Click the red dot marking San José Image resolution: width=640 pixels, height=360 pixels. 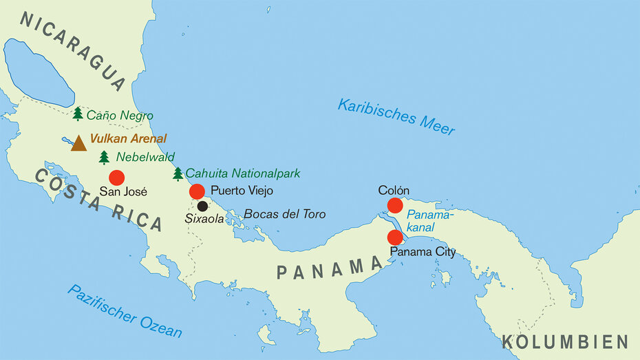116,178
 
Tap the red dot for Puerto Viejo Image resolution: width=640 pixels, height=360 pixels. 197,191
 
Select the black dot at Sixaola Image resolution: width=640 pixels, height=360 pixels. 202,206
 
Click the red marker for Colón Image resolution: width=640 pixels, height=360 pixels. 395,205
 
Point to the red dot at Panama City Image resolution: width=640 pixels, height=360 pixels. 395,237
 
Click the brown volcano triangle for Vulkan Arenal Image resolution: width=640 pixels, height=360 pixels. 78,142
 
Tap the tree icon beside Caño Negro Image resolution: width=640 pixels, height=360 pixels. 78,114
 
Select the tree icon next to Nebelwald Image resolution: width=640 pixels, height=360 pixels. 104,158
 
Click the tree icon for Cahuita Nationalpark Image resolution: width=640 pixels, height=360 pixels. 178,173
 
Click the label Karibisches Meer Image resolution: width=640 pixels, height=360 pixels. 396,116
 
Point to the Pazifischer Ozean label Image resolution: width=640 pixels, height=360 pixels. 125,311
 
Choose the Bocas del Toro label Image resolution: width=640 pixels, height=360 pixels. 284,214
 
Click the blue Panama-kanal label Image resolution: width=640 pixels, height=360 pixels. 430,220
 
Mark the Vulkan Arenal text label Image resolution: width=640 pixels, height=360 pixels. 128,138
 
